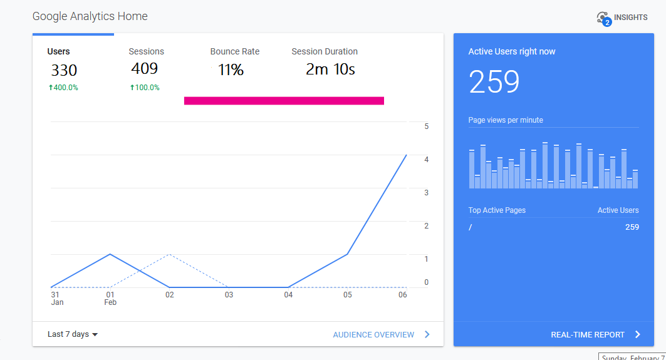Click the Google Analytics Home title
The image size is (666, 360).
pyautogui.click(x=90, y=16)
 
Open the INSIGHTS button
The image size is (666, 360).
pyautogui.click(x=622, y=18)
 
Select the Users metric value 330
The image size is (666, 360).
pyautogui.click(x=64, y=70)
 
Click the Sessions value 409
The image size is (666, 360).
pyautogui.click(x=144, y=69)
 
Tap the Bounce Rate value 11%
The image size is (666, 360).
pyautogui.click(x=231, y=70)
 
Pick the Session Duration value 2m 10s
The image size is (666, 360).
pyautogui.click(x=330, y=69)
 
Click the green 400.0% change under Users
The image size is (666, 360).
pyautogui.click(x=63, y=88)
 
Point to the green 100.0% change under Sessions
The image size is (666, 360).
pyautogui.click(x=145, y=88)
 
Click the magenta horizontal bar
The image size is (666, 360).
pyautogui.click(x=284, y=100)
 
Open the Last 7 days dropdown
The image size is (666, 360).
pyautogui.click(x=73, y=334)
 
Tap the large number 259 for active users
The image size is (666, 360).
pyautogui.click(x=494, y=82)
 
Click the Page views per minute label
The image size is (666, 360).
pyautogui.click(x=506, y=120)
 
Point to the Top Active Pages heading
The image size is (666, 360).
pyautogui.click(x=497, y=210)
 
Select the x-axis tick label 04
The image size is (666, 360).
pyautogui.click(x=288, y=295)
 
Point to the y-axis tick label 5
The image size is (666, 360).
pyautogui.click(x=427, y=126)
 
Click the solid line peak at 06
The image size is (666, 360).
pyautogui.click(x=407, y=155)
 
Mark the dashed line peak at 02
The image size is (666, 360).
pyautogui.click(x=169, y=255)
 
